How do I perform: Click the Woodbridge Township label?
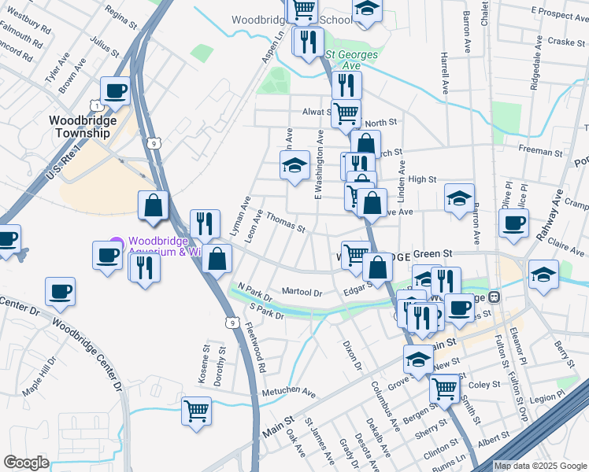[82, 127]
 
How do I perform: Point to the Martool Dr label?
[302, 293]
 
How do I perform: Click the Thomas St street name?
[285, 222]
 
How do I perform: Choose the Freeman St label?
[537, 149]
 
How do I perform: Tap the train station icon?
[495, 297]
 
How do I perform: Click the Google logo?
[26, 463]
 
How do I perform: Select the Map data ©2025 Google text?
[539, 466]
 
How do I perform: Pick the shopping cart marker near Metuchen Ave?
[196, 409]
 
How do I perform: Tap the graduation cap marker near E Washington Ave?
[294, 164]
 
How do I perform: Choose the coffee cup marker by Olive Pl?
[513, 222]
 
